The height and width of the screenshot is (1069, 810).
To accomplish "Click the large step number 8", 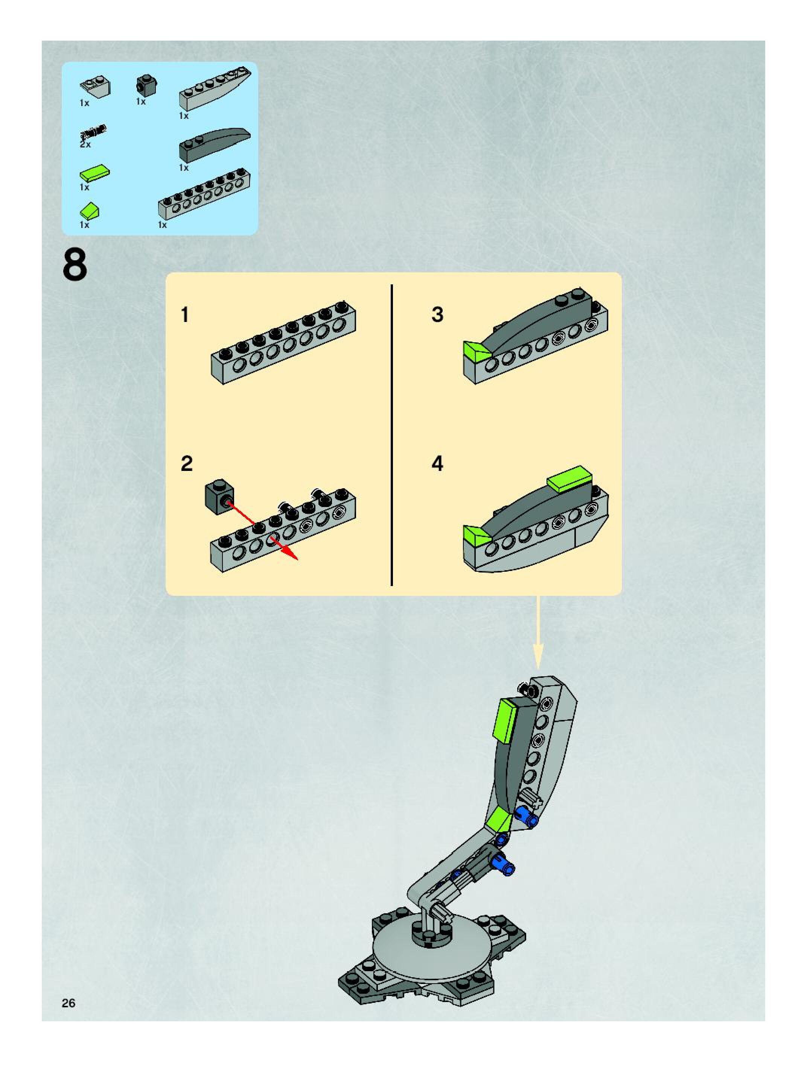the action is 75,265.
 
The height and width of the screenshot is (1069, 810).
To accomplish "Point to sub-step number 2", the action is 186,463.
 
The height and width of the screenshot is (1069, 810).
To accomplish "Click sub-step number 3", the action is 437,314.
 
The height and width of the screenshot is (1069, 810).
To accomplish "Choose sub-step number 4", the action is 437,463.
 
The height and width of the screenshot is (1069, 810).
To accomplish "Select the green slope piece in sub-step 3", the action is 476,351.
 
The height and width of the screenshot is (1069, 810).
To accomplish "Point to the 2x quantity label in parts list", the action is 85,144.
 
